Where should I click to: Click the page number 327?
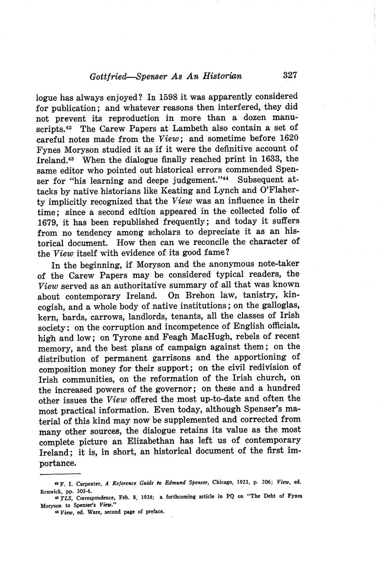pos(290,76)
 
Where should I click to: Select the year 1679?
pos(49,222)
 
